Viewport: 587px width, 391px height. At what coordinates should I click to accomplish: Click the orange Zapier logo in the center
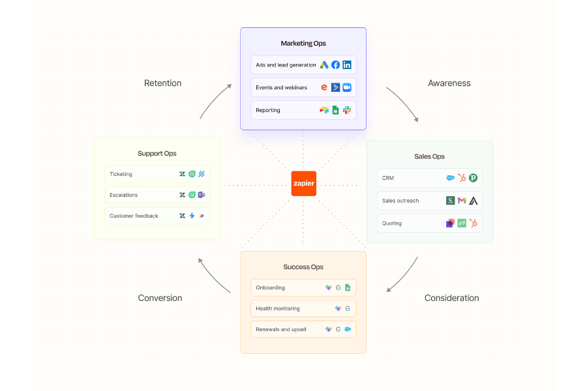pyautogui.click(x=303, y=183)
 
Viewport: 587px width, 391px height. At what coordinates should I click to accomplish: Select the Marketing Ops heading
pyautogui.click(x=303, y=44)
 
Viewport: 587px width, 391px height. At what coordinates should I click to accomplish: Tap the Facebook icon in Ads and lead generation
pyautogui.click(x=335, y=65)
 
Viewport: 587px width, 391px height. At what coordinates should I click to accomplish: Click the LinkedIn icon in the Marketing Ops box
pyautogui.click(x=347, y=65)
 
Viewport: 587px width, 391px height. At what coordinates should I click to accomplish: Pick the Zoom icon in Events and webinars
pyautogui.click(x=347, y=87)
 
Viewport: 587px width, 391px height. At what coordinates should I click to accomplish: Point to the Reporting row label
pyautogui.click(x=268, y=110)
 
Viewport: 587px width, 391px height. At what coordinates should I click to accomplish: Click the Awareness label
pyautogui.click(x=449, y=83)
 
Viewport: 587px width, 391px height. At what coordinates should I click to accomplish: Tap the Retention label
pyautogui.click(x=162, y=83)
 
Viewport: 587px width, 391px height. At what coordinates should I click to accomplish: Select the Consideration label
pyautogui.click(x=451, y=298)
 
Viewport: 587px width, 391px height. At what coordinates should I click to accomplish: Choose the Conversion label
pyautogui.click(x=160, y=298)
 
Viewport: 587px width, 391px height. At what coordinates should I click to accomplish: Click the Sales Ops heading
pyautogui.click(x=429, y=156)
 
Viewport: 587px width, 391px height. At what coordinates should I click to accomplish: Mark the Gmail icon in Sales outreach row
pyautogui.click(x=462, y=201)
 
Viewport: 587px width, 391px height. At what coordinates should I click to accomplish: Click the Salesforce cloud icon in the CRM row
pyautogui.click(x=451, y=178)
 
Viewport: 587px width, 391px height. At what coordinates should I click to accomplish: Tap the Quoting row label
pyautogui.click(x=392, y=223)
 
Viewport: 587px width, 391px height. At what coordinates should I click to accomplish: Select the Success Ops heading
pyautogui.click(x=303, y=267)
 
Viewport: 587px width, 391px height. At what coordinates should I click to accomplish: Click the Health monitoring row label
pyautogui.click(x=278, y=308)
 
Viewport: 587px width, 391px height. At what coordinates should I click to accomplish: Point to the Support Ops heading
pyautogui.click(x=157, y=154)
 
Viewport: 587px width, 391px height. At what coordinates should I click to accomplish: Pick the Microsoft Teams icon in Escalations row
pyautogui.click(x=202, y=195)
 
